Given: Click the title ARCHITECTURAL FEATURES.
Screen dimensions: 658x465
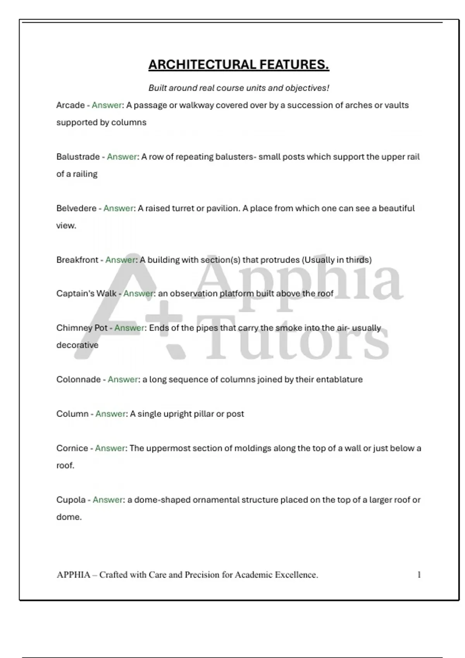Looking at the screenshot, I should click(239, 65).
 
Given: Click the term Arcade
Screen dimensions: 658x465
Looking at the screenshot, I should click(70, 105).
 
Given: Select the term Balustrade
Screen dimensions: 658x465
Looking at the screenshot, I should click(78, 157).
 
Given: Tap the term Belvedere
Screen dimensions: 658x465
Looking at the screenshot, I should click(76, 208).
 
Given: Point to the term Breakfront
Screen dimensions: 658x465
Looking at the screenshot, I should click(77, 260).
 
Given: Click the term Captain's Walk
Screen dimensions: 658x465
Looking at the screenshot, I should click(86, 294).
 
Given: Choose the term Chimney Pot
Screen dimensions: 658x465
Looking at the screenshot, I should click(82, 328).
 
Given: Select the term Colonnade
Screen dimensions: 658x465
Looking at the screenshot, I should click(78, 379).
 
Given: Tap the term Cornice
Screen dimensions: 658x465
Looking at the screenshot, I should click(72, 448).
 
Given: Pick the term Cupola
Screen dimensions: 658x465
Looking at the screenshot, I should click(71, 500).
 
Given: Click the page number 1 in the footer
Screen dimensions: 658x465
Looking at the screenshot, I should click(419, 575).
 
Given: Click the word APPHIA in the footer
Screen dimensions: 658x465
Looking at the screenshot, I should click(73, 575).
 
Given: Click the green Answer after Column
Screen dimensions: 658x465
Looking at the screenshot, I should click(110, 414).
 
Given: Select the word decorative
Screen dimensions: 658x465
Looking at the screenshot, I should click(77, 345).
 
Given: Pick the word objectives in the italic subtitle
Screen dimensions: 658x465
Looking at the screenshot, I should click(307, 88).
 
